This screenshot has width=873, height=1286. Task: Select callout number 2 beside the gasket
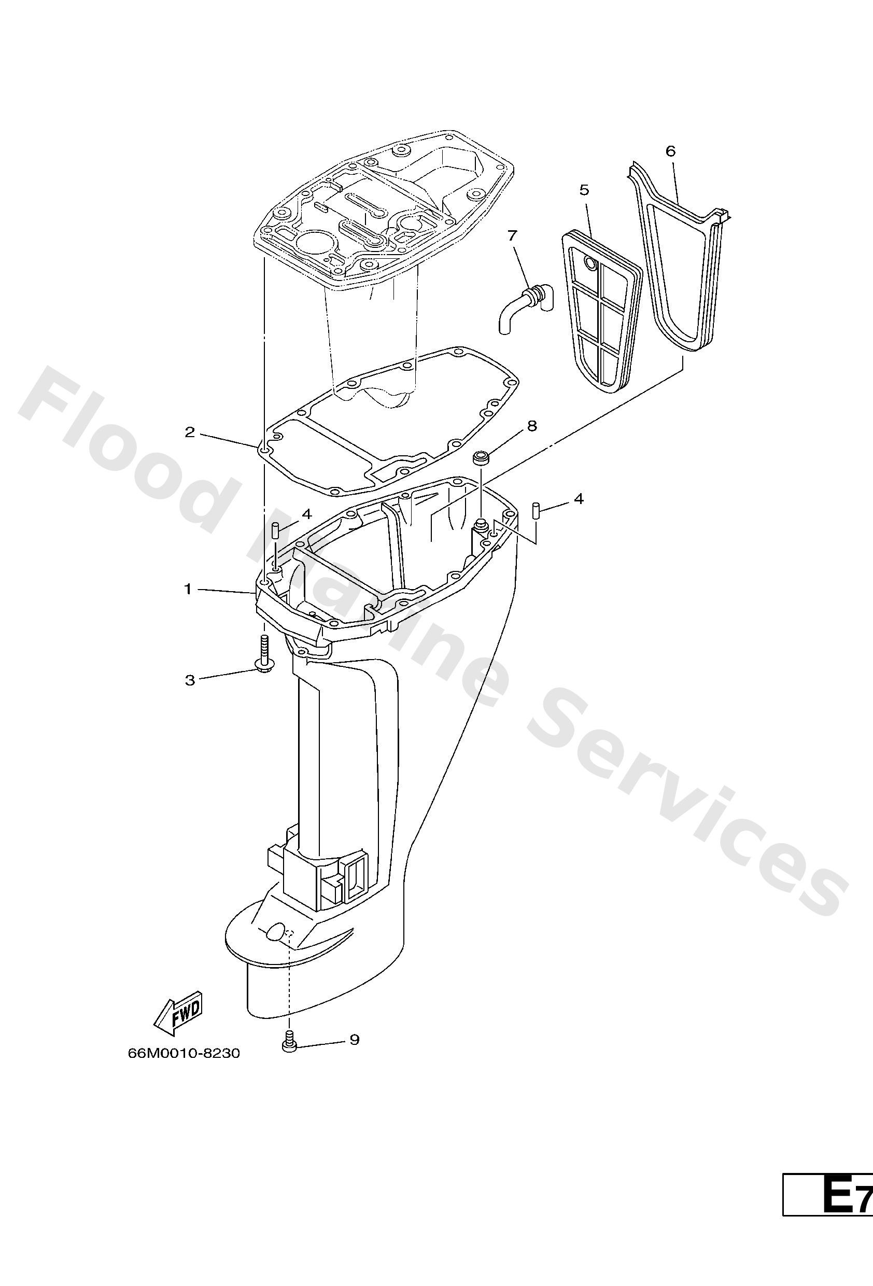[190, 432]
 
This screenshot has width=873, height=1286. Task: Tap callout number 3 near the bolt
[190, 680]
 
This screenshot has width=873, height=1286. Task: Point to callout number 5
[584, 190]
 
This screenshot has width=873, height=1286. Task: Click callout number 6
[670, 151]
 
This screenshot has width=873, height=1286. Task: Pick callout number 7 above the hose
[512, 236]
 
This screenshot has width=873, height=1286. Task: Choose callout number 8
[532, 426]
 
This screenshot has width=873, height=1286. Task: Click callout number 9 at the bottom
[354, 1040]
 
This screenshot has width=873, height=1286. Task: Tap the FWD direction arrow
[178, 1015]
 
